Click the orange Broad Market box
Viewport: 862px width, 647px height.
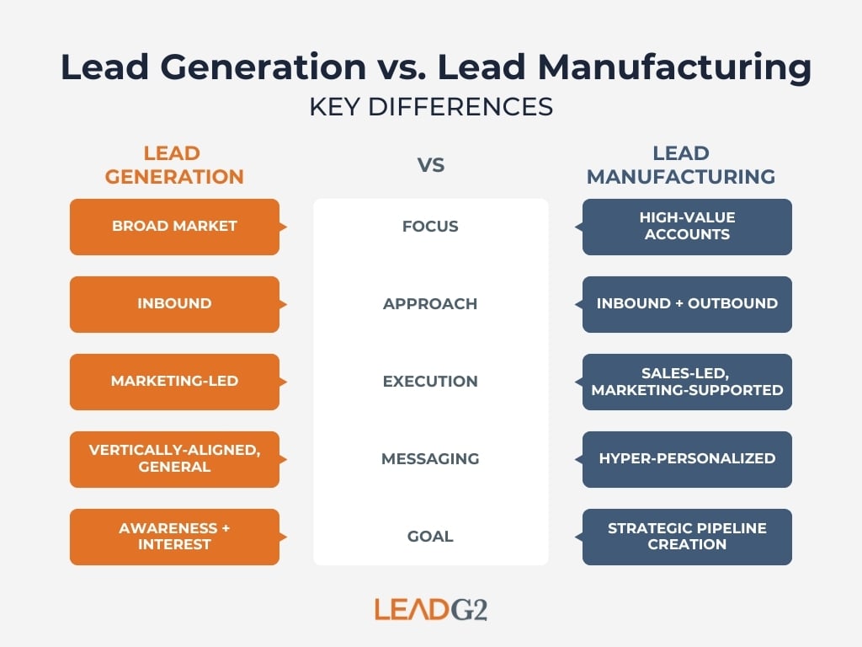(174, 227)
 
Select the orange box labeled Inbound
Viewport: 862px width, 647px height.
(174, 304)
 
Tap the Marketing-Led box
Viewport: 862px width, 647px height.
(174, 382)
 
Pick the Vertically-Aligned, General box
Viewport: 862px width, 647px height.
(174, 459)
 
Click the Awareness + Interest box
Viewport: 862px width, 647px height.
(174, 537)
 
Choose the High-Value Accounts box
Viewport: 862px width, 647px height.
(687, 227)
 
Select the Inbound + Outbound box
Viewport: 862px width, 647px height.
(687, 304)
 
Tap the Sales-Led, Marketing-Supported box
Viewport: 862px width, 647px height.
(687, 382)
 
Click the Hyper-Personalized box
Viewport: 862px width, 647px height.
(687, 459)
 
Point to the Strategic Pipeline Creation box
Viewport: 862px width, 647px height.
(687, 537)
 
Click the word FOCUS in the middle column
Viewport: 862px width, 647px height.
(430, 227)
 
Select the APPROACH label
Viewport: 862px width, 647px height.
(430, 304)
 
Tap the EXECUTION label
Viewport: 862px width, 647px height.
(430, 382)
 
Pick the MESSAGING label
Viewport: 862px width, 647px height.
(430, 459)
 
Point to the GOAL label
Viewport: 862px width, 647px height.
(430, 537)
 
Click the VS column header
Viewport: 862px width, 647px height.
(431, 166)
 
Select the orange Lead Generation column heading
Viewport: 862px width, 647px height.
(172, 165)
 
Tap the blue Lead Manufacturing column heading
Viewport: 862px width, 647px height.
(681, 165)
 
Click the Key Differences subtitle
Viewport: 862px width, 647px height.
(431, 108)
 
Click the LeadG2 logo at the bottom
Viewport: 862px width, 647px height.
(431, 608)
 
